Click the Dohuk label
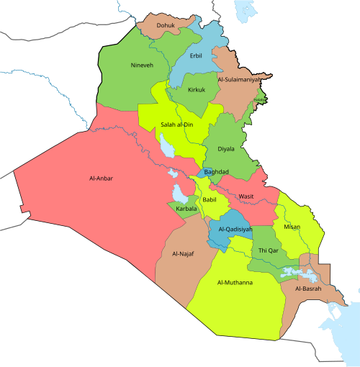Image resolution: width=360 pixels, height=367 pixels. (x=165, y=25)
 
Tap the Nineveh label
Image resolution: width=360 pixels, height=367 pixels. (x=142, y=65)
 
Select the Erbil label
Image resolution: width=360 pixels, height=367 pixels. (x=196, y=55)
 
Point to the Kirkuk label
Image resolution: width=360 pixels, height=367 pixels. (x=197, y=90)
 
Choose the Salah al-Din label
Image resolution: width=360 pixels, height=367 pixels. (x=177, y=124)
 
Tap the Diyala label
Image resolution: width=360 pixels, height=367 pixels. (x=227, y=149)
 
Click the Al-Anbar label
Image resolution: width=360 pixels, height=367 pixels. (x=101, y=178)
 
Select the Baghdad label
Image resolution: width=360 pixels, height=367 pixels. (x=216, y=172)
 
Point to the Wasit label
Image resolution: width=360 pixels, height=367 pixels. (x=246, y=196)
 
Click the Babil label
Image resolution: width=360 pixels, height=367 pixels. (x=209, y=199)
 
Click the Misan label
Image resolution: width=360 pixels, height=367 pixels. (x=292, y=227)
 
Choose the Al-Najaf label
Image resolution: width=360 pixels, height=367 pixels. (x=183, y=254)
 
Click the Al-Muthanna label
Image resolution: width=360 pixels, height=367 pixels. (x=235, y=283)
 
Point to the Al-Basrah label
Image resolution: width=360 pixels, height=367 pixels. (x=307, y=288)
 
